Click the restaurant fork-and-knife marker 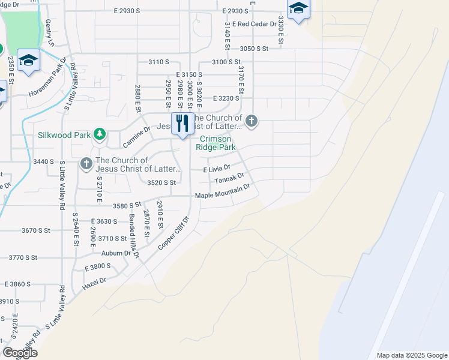click(182, 124)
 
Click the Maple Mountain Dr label click(222, 191)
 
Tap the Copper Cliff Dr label click(173, 235)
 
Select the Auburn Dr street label click(116, 253)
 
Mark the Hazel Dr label click(94, 281)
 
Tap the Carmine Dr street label click(136, 137)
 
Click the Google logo click(20, 353)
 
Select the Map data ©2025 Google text click(412, 355)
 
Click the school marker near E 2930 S click(298, 9)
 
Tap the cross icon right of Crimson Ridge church click(252, 122)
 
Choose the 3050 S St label click(253, 49)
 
